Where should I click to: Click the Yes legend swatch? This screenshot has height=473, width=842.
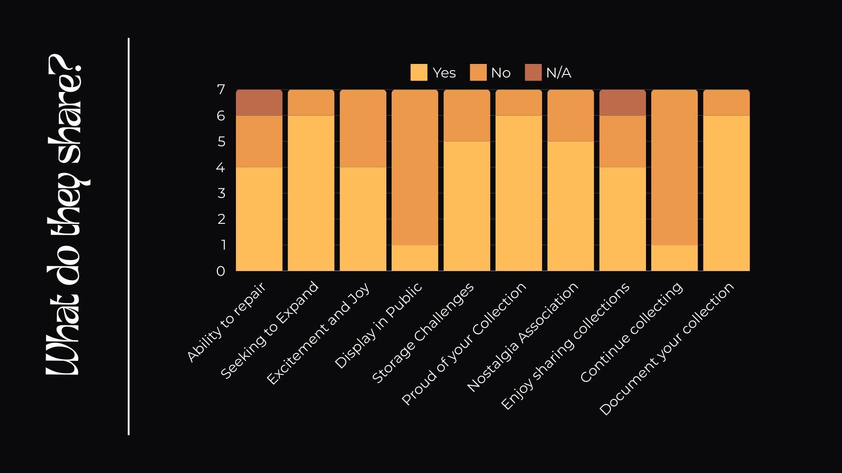coord(418,73)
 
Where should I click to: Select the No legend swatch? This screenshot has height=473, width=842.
coord(478,73)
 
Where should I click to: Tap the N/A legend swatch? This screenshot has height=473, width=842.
coord(533,73)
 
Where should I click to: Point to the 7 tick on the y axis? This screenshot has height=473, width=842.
coord(221,90)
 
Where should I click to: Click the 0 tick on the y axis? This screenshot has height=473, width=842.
coord(221,271)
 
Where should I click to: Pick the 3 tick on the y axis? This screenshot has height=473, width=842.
coord(221,193)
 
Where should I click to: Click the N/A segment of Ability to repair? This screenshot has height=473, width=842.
coord(259,103)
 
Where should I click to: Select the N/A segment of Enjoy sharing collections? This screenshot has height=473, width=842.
coord(622,103)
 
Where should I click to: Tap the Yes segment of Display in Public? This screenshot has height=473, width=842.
coord(415,258)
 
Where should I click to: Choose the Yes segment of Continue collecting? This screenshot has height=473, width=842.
coord(674,258)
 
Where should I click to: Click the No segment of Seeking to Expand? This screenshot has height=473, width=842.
coord(311,103)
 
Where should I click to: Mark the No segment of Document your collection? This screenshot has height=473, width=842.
coord(726,103)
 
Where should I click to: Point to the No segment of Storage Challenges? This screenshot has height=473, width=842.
coord(467,116)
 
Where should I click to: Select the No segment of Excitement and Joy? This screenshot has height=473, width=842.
coord(363,129)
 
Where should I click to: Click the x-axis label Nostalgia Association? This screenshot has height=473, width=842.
coord(523,337)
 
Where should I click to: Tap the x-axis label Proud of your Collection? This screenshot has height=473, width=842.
coord(464,344)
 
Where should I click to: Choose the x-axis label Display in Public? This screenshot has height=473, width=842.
coord(378,325)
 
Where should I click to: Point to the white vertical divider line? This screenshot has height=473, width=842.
coord(128,236)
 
